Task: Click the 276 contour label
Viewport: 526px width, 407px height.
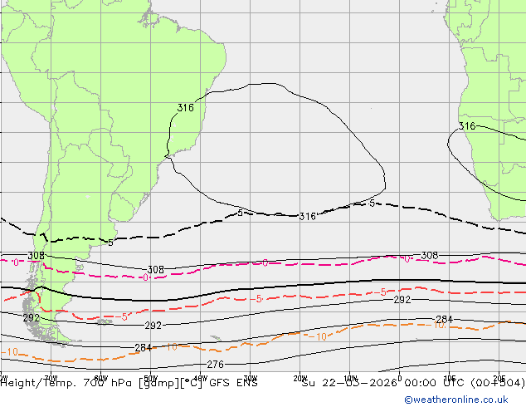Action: tap(215, 365)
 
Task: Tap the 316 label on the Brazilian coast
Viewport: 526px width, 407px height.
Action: tap(185, 108)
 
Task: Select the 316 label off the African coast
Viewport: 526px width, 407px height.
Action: tap(467, 126)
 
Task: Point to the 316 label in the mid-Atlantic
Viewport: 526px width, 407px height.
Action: tap(307, 217)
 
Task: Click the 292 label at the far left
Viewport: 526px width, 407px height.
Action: tap(31, 318)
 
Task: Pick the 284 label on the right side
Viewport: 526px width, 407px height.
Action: tap(444, 320)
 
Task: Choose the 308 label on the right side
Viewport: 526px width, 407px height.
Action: tap(429, 256)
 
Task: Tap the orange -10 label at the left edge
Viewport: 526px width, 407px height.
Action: tap(10, 352)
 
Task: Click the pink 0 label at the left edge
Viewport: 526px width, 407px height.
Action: tap(17, 262)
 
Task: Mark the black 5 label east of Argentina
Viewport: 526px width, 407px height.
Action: tap(111, 243)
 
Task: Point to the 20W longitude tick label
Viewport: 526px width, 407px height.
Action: tap(300, 377)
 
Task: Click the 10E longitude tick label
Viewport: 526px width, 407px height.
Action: tap(450, 377)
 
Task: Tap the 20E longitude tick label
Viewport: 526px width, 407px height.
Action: tap(499, 377)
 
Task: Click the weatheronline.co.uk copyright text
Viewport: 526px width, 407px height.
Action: tap(463, 400)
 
